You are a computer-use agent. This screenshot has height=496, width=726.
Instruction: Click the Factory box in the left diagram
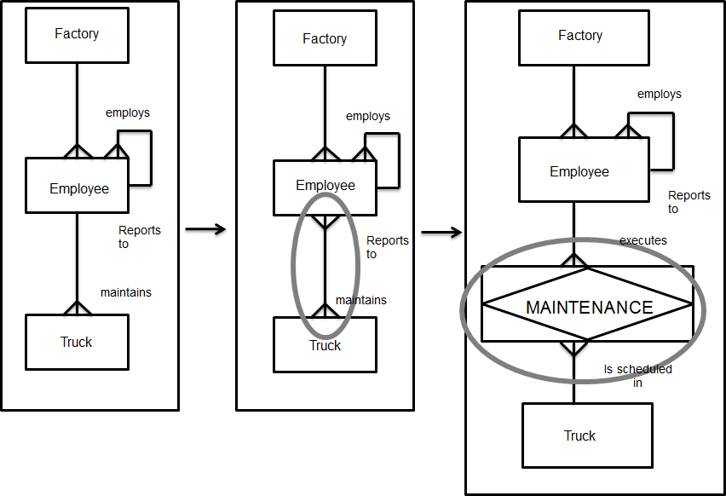pos(77,36)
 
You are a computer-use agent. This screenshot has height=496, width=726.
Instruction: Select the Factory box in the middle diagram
pos(325,39)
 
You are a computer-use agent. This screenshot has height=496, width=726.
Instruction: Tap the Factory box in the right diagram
pos(580,37)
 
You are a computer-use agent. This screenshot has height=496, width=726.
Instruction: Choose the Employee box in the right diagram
pos(579,172)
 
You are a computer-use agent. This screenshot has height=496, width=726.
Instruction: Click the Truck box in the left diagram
pos(77,343)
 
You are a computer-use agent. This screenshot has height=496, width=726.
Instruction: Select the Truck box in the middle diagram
pos(325,345)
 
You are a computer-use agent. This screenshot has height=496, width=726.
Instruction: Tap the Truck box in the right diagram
pos(580,435)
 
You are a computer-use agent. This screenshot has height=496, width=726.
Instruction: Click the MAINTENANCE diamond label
pos(589,308)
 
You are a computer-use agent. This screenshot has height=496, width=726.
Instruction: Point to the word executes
pos(642,240)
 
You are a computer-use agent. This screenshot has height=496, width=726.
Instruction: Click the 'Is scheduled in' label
pos(637,376)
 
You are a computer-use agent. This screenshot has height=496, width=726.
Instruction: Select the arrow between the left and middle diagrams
pos(205,228)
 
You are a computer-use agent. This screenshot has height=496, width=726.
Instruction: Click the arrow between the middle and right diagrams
pos(441,233)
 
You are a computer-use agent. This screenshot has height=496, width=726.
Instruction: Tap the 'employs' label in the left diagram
pos(128,112)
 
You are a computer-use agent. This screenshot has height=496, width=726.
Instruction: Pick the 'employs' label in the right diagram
pos(659,94)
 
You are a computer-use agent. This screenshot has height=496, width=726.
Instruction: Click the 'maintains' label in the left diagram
pos(125,292)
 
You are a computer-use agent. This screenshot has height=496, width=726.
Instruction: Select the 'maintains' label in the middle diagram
pos(360,300)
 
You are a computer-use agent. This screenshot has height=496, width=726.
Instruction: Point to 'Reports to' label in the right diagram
pos(689,201)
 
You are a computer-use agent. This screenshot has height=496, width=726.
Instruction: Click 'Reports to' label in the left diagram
pos(139,237)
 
